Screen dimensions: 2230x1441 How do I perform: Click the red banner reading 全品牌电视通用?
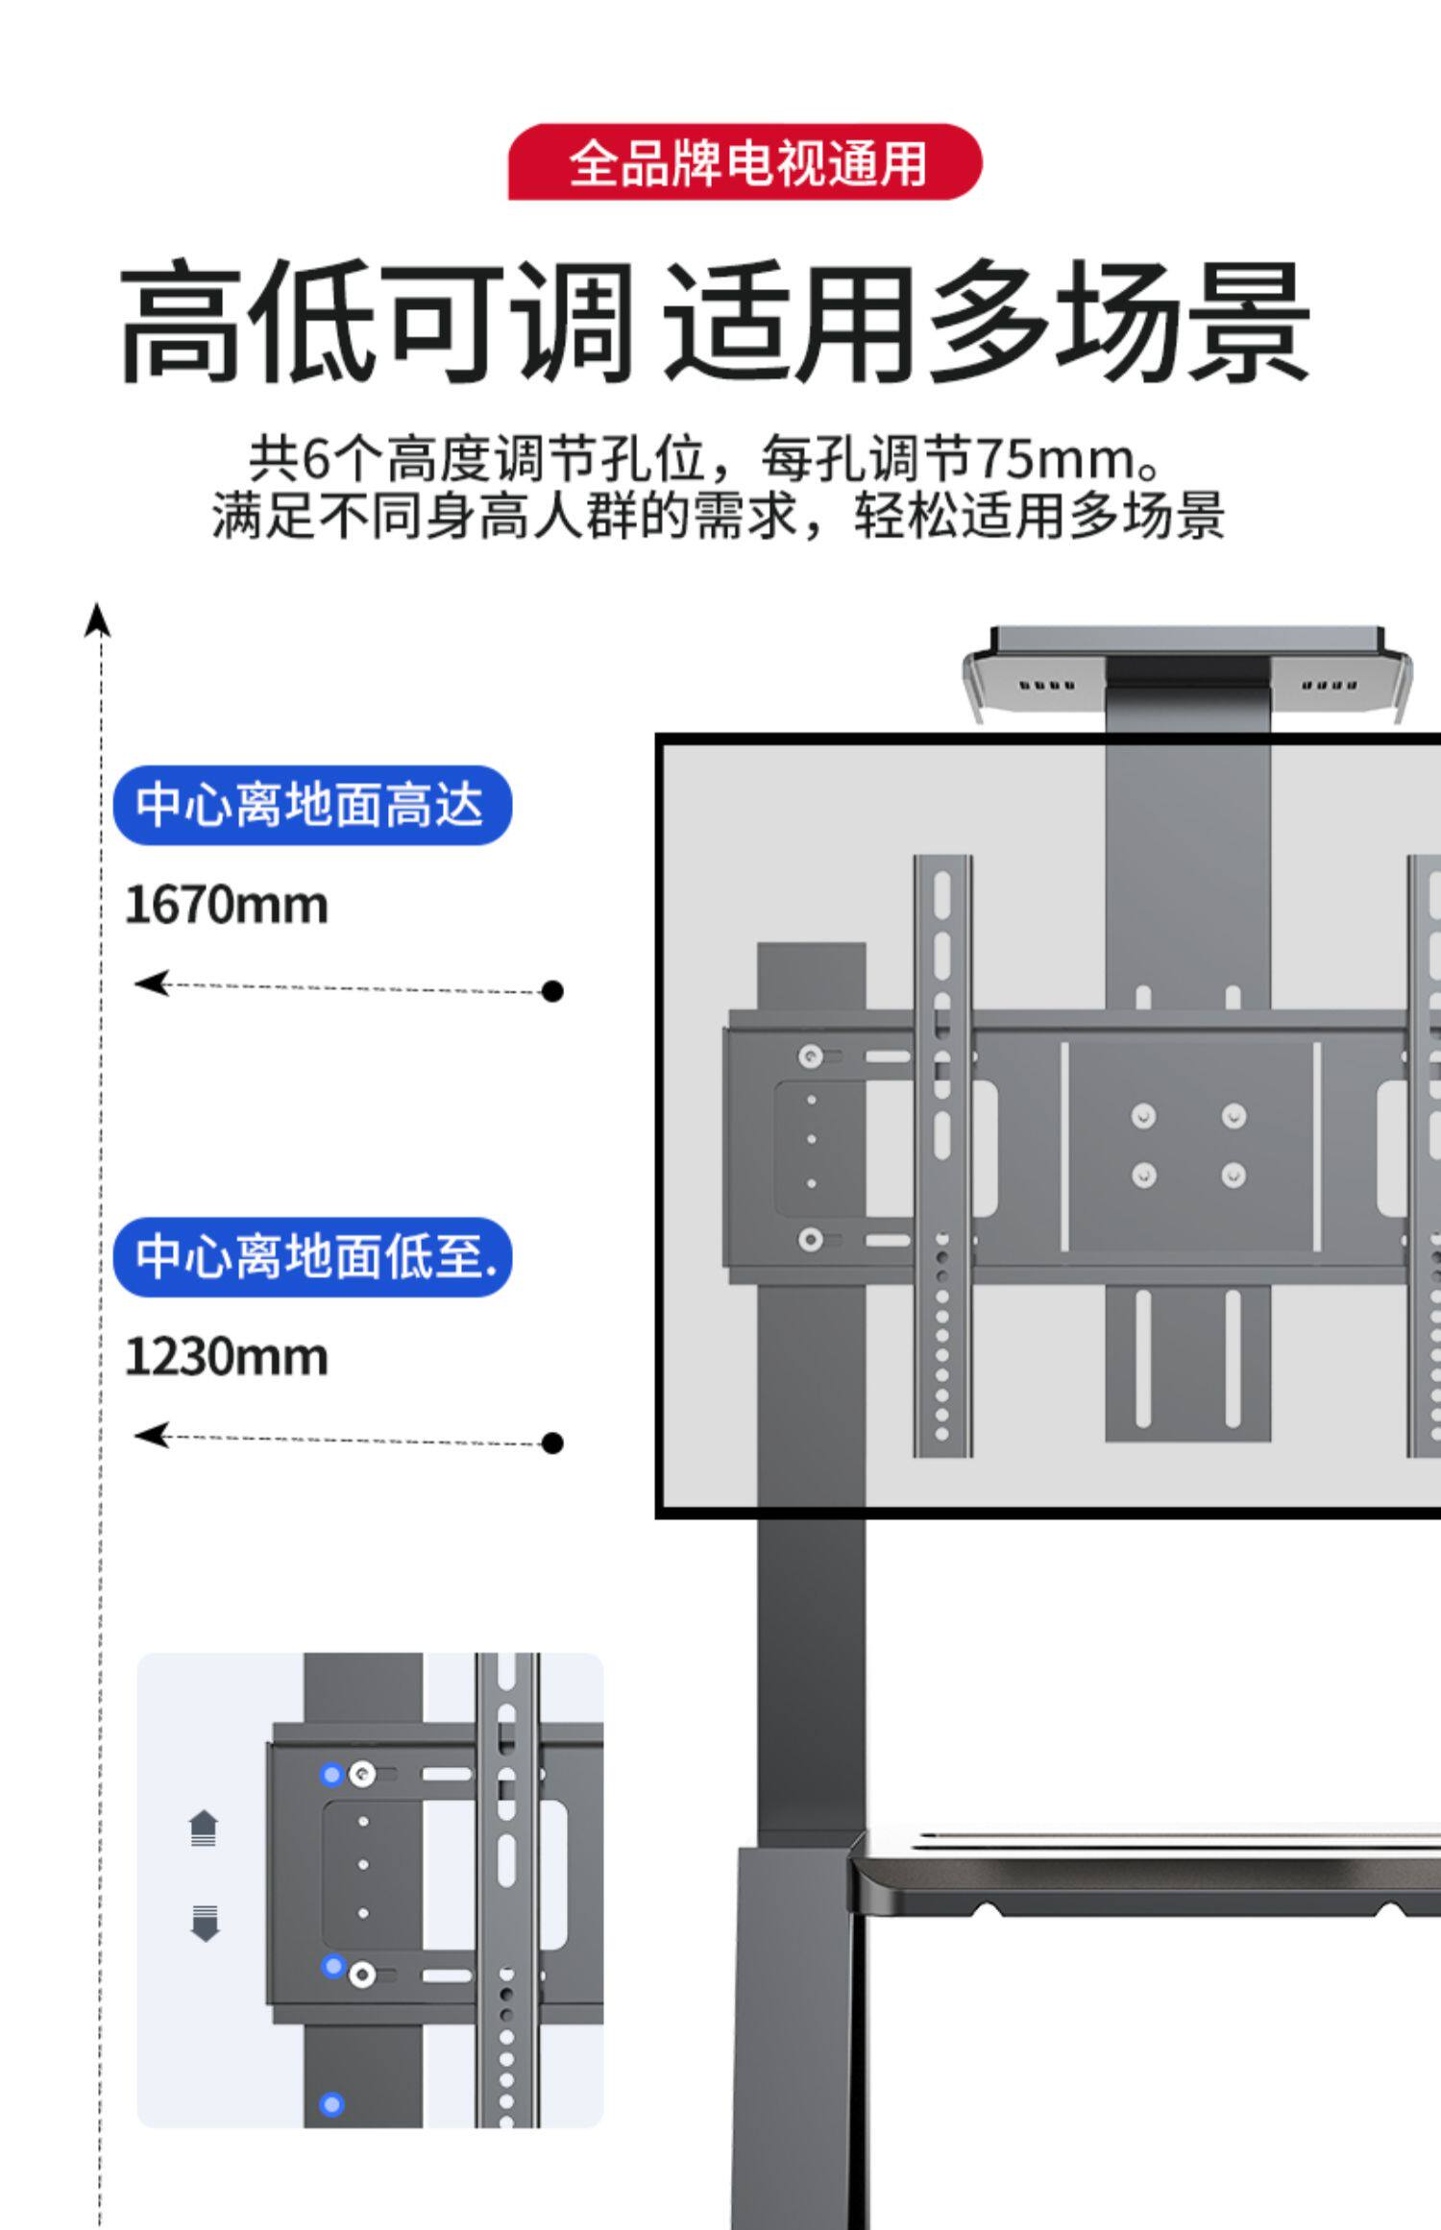[x=745, y=162]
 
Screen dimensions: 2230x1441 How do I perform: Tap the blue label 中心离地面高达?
[x=312, y=805]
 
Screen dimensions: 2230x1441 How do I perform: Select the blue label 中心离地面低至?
[x=312, y=1256]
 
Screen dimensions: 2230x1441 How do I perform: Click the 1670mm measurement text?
[x=227, y=906]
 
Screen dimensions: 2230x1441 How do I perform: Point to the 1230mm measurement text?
[x=227, y=1357]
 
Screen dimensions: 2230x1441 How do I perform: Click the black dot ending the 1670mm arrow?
[x=552, y=991]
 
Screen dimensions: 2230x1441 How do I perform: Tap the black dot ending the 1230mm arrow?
[x=552, y=1442]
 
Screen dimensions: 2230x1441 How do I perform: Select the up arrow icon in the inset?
[x=204, y=1828]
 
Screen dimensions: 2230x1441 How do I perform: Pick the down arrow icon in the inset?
[x=204, y=1924]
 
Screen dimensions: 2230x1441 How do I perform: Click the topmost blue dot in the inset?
[x=331, y=1775]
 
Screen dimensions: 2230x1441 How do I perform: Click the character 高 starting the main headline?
[x=181, y=322]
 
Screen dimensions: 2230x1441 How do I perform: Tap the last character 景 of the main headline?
[x=1249, y=322]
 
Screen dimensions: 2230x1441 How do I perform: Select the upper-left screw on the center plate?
[x=1143, y=1116]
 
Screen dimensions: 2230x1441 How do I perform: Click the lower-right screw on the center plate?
[x=1233, y=1176]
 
